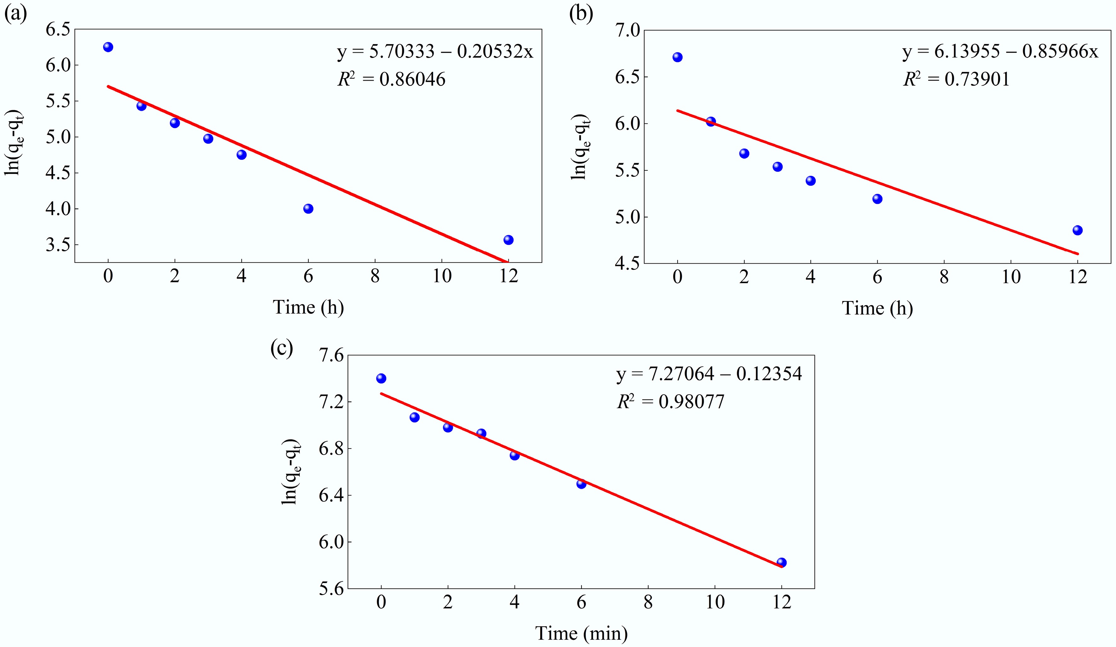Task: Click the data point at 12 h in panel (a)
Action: point(508,240)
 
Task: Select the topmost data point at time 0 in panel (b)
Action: point(677,57)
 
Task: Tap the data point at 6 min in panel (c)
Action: point(581,484)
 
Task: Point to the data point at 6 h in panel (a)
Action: point(308,209)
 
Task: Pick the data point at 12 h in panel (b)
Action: point(1078,230)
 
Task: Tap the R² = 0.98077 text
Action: point(671,402)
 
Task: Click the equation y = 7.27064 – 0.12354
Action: point(709,374)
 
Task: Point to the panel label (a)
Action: point(15,14)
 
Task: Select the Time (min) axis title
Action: point(581,633)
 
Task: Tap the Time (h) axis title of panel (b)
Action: point(877,308)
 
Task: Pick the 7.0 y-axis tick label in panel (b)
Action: point(627,31)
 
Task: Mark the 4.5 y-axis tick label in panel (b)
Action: point(627,264)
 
